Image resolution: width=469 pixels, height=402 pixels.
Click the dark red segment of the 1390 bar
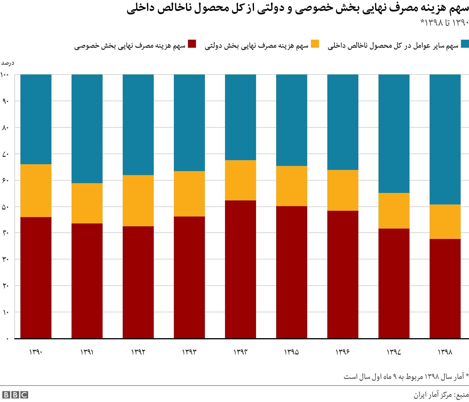(36, 277)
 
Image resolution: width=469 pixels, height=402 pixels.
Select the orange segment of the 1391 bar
(87, 203)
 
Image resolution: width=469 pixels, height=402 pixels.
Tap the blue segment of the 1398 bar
(445, 139)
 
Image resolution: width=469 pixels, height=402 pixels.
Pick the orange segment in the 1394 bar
(241, 180)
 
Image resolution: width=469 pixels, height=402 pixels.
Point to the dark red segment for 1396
(343, 274)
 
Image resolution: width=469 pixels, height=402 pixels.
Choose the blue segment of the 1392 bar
(138, 125)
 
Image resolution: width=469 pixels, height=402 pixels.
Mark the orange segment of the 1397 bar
(394, 210)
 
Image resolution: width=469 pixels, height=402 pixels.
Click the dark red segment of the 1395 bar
(292, 272)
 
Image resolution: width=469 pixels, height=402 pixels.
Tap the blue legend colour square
(465, 44)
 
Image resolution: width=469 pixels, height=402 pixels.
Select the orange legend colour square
(315, 44)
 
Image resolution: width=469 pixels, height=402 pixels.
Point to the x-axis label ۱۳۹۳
(189, 352)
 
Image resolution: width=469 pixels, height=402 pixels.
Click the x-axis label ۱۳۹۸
(445, 352)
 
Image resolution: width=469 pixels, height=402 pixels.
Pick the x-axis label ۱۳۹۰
(36, 352)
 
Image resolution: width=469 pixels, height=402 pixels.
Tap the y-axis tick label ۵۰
(5, 207)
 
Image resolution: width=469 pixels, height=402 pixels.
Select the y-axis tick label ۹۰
(5, 101)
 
